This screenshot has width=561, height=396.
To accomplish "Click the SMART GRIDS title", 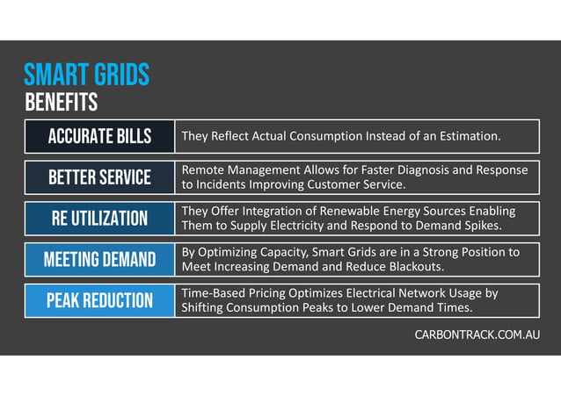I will (x=86, y=74).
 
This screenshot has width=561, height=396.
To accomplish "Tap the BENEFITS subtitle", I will (x=61, y=103).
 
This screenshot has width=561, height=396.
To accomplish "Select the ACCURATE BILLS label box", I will (x=99, y=136).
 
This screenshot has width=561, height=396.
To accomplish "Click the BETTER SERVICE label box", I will (x=99, y=177).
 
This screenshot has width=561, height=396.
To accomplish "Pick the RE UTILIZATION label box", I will (x=99, y=219).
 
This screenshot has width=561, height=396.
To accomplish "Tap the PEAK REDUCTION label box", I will (x=99, y=301).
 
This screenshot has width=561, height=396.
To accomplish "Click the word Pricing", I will (x=281, y=293).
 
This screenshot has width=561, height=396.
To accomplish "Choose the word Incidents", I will (x=226, y=184).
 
